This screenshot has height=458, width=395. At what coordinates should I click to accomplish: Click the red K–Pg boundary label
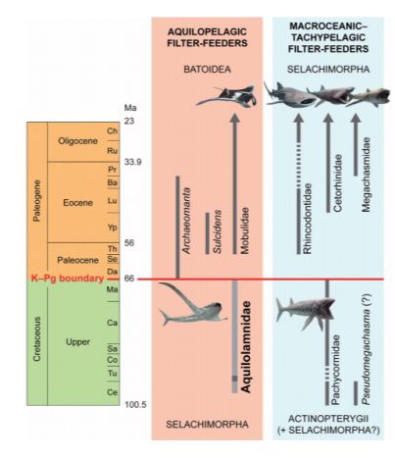(x=68, y=279)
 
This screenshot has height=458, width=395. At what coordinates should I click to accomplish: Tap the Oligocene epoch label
(x=77, y=141)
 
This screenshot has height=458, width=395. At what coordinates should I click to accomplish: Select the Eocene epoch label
(x=77, y=203)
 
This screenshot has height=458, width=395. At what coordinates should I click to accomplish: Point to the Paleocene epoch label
(x=77, y=260)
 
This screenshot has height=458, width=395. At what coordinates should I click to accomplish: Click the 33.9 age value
(x=133, y=162)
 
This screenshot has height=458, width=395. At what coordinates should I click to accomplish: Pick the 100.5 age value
(x=135, y=405)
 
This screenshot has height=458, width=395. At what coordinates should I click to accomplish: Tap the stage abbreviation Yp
(x=113, y=228)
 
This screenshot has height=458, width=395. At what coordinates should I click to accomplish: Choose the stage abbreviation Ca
(x=112, y=323)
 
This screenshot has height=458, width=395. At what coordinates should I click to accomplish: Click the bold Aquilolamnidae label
(x=245, y=346)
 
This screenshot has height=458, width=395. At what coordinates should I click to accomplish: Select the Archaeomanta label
(x=186, y=221)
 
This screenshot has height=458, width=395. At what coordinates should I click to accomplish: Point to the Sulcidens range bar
(x=207, y=233)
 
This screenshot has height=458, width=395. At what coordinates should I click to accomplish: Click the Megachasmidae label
(x=367, y=175)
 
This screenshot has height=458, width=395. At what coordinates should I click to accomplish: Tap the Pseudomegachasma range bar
(x=356, y=393)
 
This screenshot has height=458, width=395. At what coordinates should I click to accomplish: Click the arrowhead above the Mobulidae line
(x=234, y=118)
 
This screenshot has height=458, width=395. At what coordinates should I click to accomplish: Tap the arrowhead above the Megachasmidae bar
(x=356, y=118)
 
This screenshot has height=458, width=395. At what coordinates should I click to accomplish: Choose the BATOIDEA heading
(x=207, y=70)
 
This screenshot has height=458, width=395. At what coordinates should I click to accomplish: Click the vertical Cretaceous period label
(x=37, y=339)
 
